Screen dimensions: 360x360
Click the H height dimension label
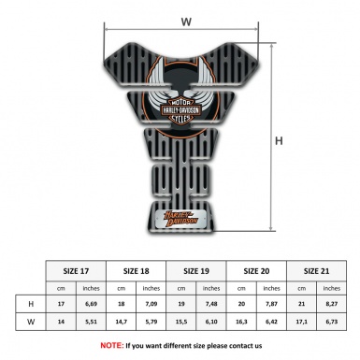click(x=277, y=141)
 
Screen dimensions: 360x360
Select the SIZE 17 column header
click(x=77, y=270)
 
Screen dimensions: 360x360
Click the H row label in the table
click(x=32, y=304)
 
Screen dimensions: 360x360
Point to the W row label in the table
click(x=32, y=321)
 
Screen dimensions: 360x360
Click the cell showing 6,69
click(x=92, y=304)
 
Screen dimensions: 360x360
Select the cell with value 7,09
click(x=152, y=304)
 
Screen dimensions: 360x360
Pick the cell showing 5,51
click(x=92, y=321)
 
